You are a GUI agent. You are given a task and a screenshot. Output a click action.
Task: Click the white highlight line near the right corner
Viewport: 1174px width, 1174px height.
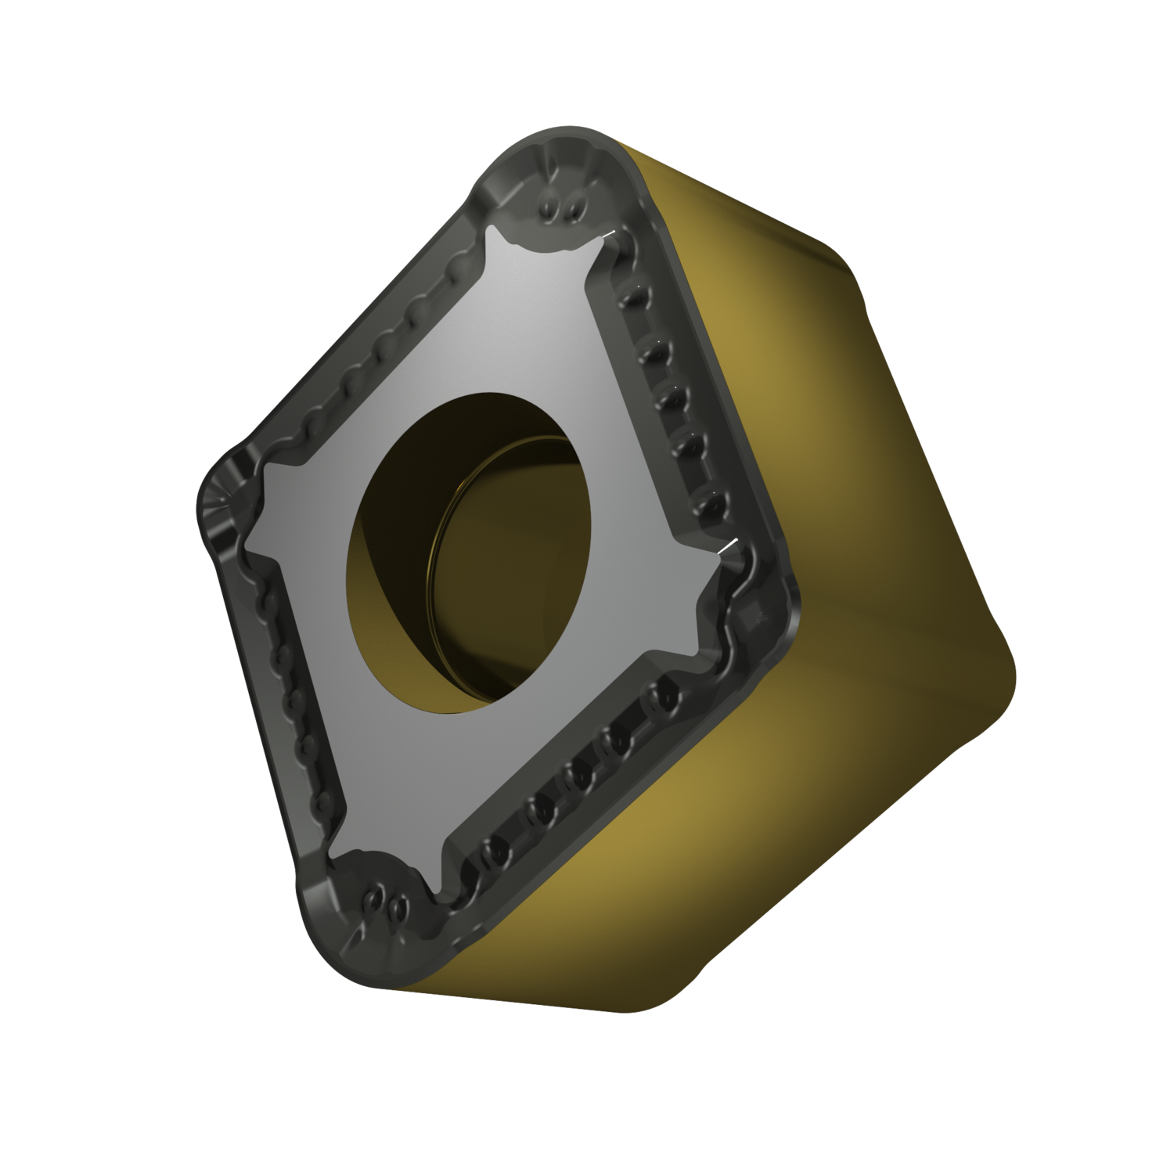[727, 546]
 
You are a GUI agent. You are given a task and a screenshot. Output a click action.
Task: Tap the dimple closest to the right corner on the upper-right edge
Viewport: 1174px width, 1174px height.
[708, 505]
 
